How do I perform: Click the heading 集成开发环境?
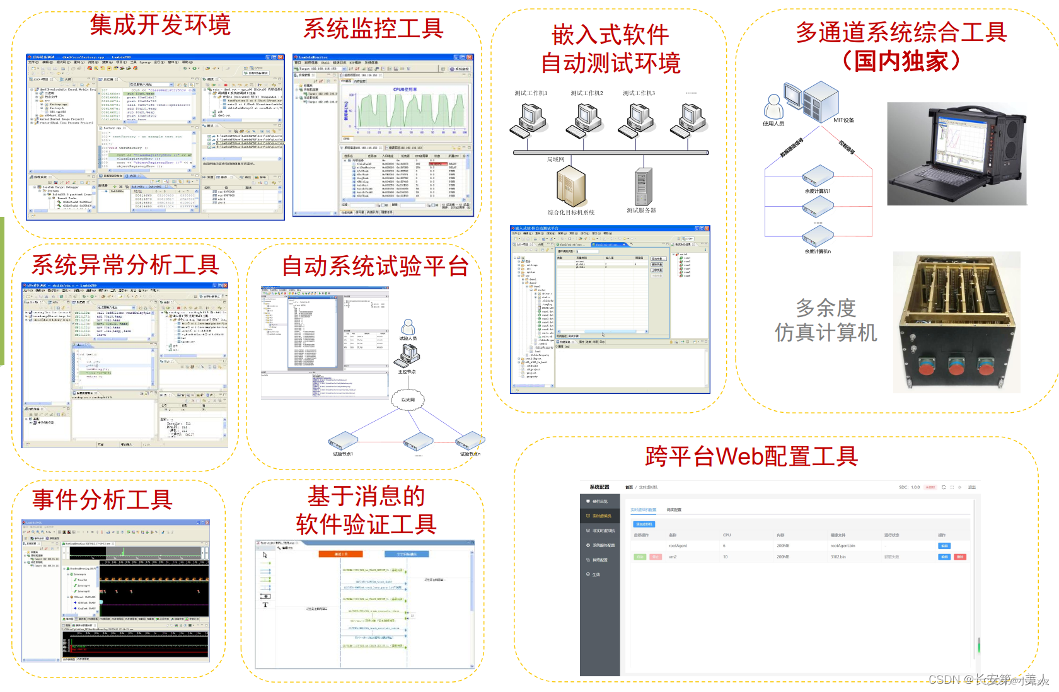[160, 25]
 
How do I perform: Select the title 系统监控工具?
[373, 28]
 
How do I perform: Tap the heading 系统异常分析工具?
[125, 265]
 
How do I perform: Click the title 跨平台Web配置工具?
[751, 456]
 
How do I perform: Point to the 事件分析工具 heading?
[103, 500]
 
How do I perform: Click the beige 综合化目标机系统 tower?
[571, 186]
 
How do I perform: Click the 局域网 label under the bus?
[555, 159]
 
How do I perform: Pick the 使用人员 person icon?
[773, 106]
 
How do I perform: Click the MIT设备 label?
[843, 120]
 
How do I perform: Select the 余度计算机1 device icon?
[818, 175]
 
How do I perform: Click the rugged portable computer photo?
[956, 154]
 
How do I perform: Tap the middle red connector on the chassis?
[956, 366]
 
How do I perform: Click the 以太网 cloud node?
[408, 400]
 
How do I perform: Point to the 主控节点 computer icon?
[407, 357]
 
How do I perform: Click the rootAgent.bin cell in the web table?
[842, 546]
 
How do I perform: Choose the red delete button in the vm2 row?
[960, 557]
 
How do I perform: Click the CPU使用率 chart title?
[405, 89]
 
